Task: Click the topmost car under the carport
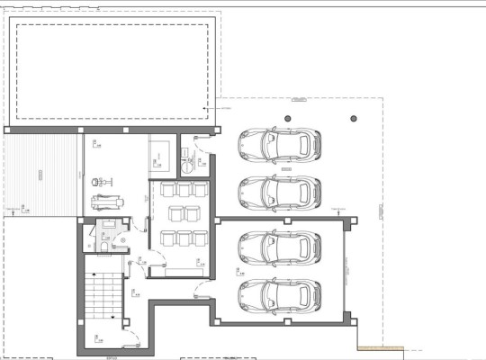coord(280,143)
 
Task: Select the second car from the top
coord(280,190)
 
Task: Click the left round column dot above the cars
coord(288,118)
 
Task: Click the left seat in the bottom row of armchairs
coord(168,237)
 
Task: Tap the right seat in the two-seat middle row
coord(190,214)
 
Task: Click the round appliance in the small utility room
coord(188,165)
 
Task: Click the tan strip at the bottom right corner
coord(378,347)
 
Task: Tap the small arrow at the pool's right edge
coord(206,109)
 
